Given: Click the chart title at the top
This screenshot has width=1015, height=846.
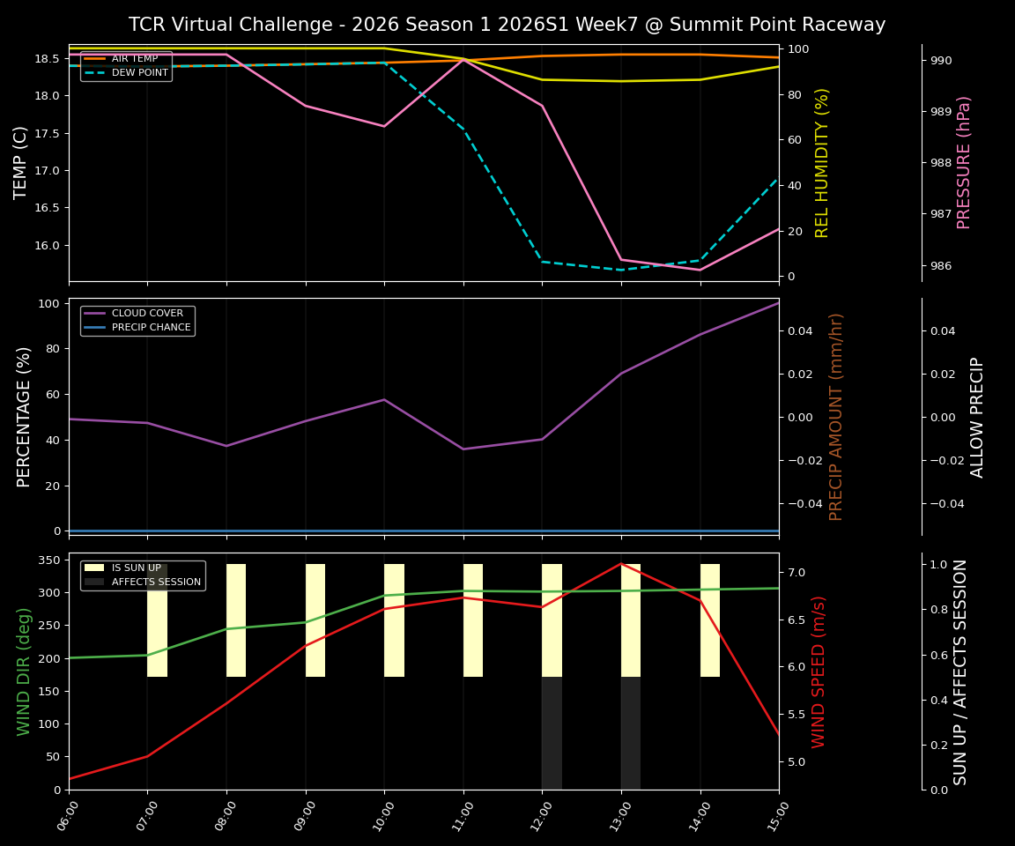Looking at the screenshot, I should click(507, 25).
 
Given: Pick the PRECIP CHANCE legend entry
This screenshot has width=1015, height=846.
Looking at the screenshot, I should click(151, 328).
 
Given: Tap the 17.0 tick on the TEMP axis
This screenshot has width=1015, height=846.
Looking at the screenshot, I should click(48, 170).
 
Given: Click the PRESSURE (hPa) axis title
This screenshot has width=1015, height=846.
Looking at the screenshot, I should click(964, 162).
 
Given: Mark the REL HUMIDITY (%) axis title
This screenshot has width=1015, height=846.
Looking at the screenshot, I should click(822, 162).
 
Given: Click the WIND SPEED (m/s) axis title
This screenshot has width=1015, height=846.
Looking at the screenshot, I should click(819, 672).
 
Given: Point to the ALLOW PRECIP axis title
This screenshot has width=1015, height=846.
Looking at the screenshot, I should click(977, 417).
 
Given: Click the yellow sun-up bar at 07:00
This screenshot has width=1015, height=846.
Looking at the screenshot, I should click(157, 620).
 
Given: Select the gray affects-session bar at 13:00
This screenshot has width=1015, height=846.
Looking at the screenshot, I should click(630, 733).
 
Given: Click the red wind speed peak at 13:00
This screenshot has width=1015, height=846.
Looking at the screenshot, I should click(621, 564).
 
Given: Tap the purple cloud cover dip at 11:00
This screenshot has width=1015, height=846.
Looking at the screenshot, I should click(463, 449).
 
